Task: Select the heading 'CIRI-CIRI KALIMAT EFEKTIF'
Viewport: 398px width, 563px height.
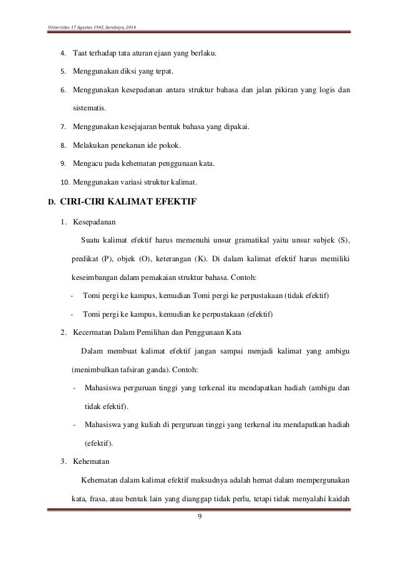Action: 132,201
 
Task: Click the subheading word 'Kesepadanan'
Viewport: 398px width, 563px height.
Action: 94,221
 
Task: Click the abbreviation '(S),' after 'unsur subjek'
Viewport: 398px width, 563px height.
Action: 341,241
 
